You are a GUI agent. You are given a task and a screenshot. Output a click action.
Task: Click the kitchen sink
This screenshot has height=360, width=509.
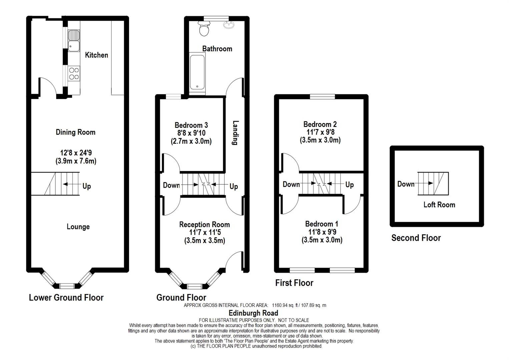coord(74,41)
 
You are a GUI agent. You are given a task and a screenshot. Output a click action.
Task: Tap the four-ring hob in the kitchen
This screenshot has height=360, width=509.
coord(74,74)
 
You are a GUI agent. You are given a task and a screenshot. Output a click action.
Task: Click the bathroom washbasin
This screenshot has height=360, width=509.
coord(229,25)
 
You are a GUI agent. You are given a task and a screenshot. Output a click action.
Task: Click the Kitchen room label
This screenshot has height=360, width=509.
coord(96,55)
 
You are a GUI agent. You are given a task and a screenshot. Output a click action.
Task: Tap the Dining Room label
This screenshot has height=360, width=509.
coord(76,132)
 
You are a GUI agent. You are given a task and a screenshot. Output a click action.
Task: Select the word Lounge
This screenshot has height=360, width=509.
coord(78,227)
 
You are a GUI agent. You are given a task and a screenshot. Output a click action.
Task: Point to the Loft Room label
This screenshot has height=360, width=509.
coord(439,205)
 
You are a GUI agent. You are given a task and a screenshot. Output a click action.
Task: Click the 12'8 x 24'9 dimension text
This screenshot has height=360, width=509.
coord(76,152)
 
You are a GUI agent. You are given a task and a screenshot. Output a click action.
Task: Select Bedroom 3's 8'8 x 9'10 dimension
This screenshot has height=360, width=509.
coord(191,133)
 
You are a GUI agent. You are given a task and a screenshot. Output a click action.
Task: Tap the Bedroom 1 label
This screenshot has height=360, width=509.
coord(322,224)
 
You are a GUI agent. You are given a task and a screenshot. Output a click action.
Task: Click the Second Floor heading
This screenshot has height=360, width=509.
coord(416,238)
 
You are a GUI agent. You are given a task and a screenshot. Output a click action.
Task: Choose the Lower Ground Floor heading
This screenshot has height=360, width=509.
coord(66,297)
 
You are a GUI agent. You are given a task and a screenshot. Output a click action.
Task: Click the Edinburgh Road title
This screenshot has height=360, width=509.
coord(253,313)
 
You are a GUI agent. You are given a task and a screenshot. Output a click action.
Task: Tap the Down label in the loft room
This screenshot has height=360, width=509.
coord(406,184)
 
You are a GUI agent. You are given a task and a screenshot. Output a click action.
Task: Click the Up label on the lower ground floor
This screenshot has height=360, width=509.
coord(87,186)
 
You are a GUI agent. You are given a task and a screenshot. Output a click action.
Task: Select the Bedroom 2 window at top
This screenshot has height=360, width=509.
coord(322,97)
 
